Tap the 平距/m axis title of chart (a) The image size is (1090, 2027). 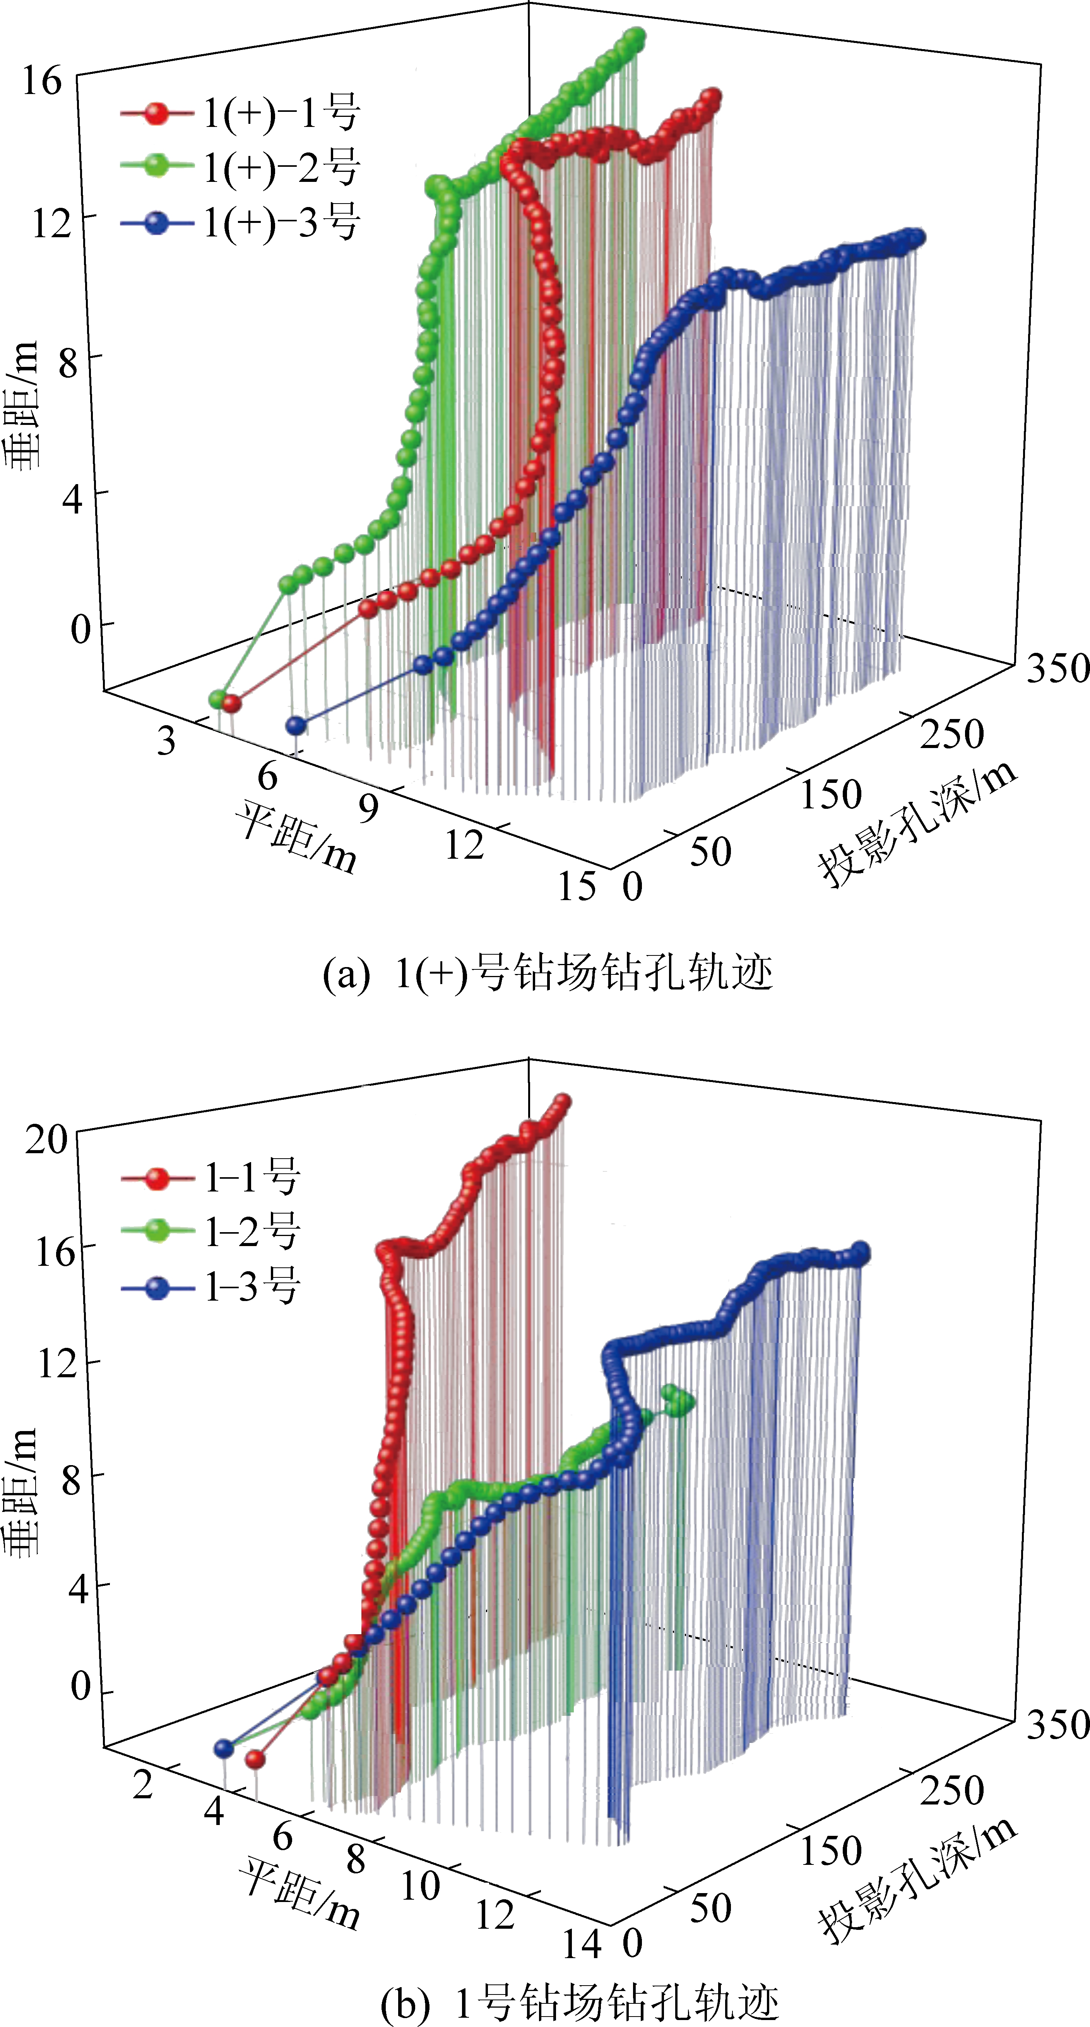coord(295,838)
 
